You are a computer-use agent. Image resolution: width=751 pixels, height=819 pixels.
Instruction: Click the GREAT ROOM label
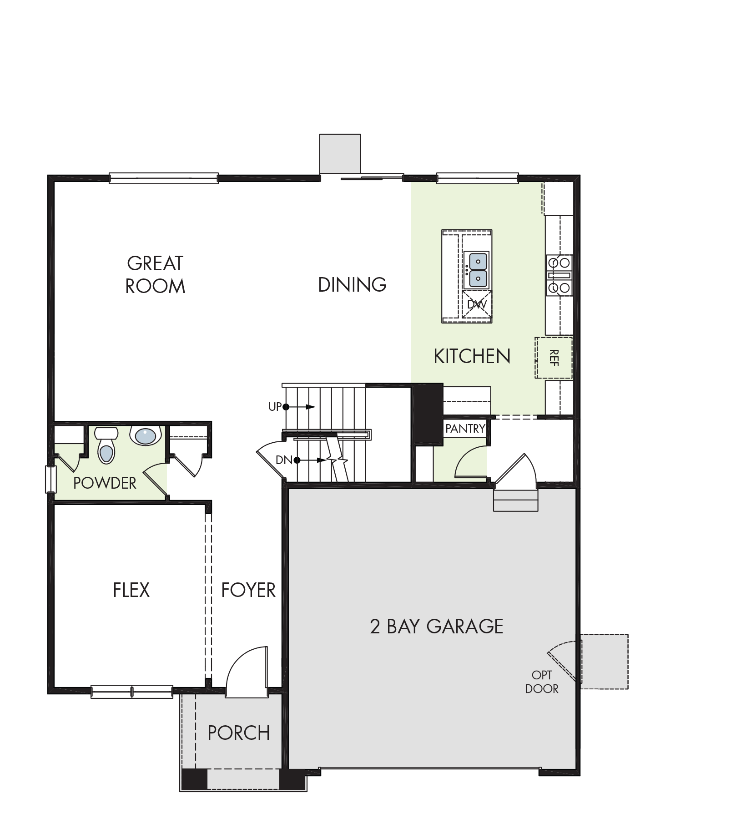(155, 275)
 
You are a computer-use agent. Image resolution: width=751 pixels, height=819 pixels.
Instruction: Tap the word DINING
(352, 285)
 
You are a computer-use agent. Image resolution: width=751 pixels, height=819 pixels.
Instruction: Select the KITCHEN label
(472, 356)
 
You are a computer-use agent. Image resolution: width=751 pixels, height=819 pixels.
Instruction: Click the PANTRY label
(465, 429)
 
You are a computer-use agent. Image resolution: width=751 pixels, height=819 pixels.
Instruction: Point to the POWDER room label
(105, 483)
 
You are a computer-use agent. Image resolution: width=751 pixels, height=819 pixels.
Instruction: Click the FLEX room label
(131, 590)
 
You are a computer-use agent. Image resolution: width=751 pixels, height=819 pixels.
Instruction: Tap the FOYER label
(248, 590)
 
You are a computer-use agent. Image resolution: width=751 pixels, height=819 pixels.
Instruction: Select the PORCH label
(239, 733)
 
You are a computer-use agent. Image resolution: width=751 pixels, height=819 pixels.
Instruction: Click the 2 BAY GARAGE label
(437, 627)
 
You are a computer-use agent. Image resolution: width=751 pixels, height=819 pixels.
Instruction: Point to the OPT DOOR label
(542, 682)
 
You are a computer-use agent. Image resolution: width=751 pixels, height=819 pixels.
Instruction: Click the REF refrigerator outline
(554, 358)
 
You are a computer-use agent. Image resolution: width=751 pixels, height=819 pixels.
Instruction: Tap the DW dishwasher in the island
(477, 304)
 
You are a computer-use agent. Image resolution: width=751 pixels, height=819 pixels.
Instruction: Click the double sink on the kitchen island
(478, 270)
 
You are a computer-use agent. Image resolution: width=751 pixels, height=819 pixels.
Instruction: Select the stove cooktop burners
(559, 275)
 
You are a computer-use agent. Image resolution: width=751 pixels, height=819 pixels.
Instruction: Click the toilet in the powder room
(106, 445)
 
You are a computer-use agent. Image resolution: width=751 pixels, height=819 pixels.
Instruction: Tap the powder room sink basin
(146, 436)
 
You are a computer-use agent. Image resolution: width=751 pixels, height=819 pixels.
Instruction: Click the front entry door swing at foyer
(247, 672)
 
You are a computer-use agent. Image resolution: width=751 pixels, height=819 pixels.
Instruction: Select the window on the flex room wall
(132, 692)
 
